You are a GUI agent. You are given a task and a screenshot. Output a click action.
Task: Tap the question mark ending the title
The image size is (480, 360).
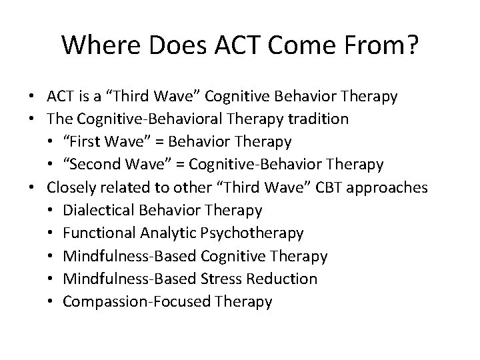point(411,45)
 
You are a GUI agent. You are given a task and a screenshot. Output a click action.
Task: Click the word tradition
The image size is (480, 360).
point(331,119)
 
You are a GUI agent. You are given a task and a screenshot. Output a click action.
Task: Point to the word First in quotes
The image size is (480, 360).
point(88,141)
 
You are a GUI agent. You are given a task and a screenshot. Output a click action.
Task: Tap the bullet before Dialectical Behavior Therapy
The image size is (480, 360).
point(52,211)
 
